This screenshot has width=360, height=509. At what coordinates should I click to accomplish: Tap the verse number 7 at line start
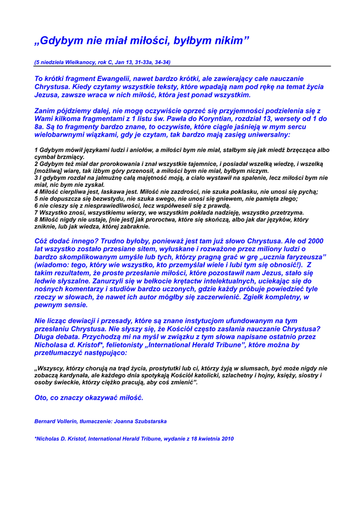click(x=36, y=212)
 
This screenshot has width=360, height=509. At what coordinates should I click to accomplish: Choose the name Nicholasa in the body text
click(x=53, y=344)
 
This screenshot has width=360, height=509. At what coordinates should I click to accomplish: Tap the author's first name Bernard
click(x=46, y=421)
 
